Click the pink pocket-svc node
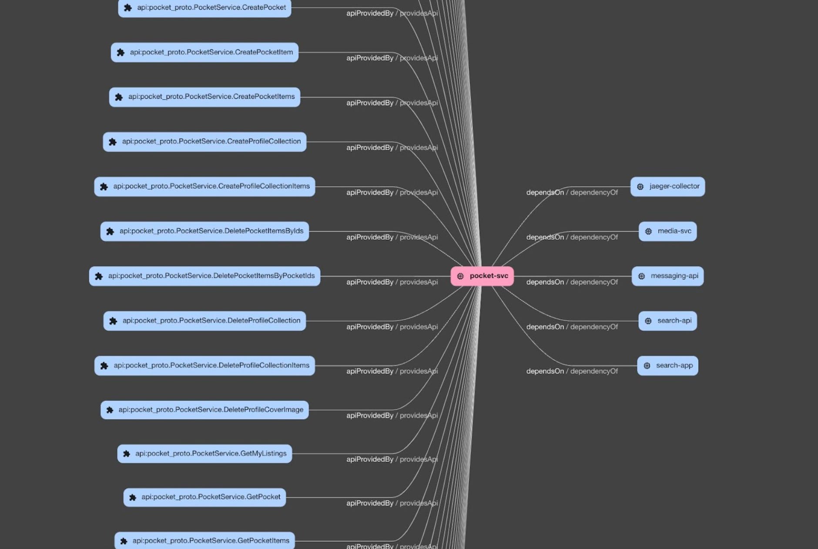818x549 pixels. (482, 276)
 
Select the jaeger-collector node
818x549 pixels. (667, 186)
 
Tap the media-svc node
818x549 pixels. (667, 231)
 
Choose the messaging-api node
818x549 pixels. (667, 276)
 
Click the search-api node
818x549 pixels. (667, 321)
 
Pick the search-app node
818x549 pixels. (667, 366)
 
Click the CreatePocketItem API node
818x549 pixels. (204, 52)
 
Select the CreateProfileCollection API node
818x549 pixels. (204, 142)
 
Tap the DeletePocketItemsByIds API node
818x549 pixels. (204, 231)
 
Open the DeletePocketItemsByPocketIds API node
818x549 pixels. (204, 276)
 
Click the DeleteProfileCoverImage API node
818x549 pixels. (204, 410)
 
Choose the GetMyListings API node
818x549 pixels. (204, 454)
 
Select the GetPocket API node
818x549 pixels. (204, 497)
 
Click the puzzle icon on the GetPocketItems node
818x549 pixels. (124, 541)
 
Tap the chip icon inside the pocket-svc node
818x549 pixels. (460, 276)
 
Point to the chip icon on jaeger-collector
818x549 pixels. (640, 187)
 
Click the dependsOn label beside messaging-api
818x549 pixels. (545, 282)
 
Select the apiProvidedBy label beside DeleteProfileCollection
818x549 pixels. (370, 327)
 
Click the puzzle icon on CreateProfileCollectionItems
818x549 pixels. (104, 187)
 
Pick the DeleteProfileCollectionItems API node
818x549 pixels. (204, 366)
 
